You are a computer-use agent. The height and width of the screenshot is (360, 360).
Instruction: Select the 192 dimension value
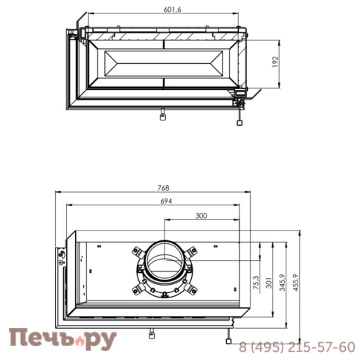click(x=275, y=61)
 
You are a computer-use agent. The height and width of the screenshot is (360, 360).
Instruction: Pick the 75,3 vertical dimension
click(x=256, y=283)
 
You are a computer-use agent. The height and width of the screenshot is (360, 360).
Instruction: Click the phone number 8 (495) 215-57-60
click(x=296, y=347)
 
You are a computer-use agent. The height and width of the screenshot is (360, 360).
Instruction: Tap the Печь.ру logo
click(x=62, y=339)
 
